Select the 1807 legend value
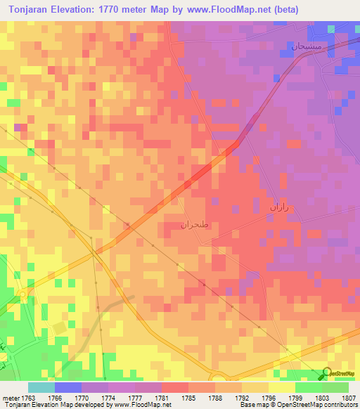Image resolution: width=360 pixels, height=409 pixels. (x=348, y=398)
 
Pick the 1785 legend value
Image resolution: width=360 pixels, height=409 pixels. (x=188, y=398)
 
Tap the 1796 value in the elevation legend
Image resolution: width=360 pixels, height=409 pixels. (x=268, y=398)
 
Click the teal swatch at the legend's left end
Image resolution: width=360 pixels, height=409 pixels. (x=41, y=387)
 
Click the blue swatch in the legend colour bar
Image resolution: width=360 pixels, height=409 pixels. (x=68, y=387)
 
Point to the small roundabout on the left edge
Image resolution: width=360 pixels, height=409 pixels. (x=22, y=295)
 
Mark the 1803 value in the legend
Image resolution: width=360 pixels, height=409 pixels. (x=321, y=398)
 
